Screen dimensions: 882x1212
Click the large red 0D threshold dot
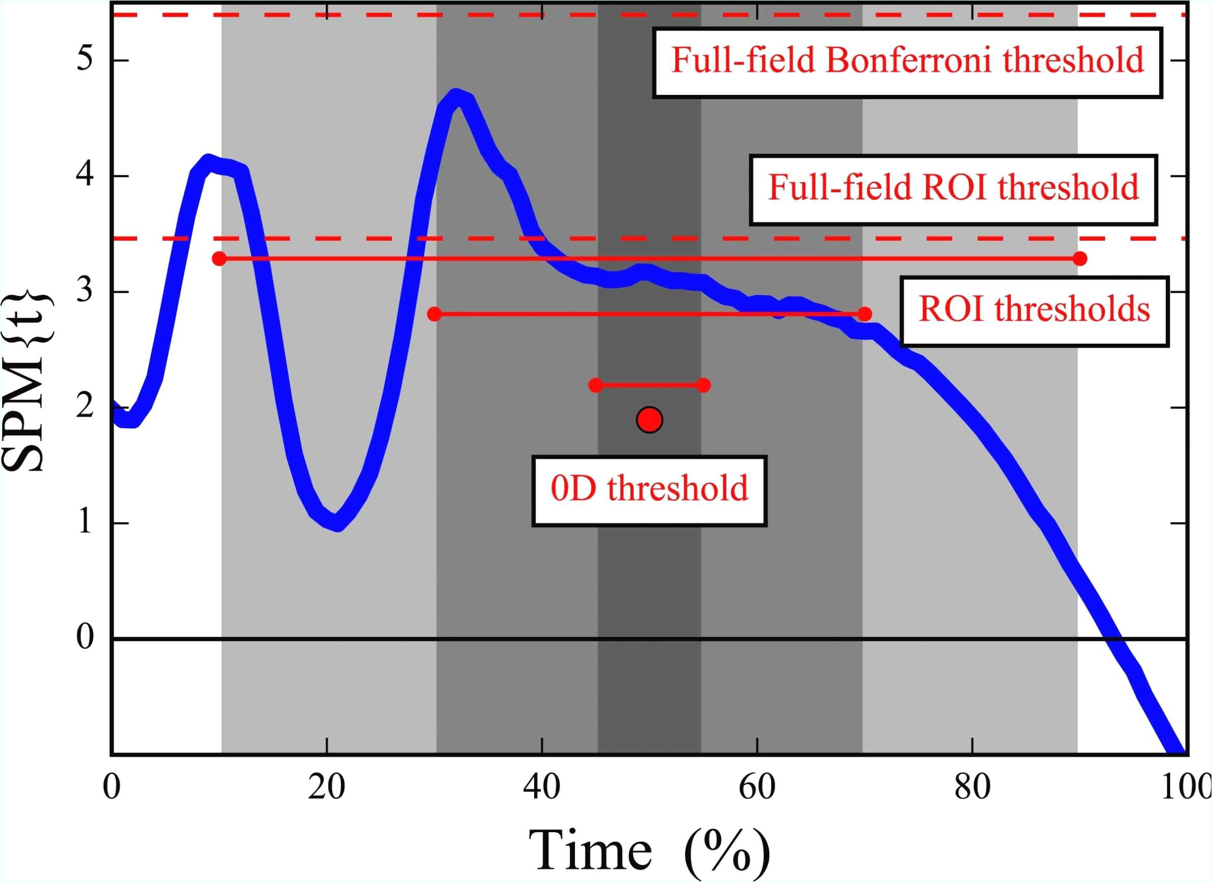[649, 420]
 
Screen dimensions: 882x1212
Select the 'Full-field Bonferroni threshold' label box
[907, 62]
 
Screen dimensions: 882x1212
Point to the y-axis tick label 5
[85, 59]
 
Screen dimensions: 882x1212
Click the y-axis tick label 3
[85, 292]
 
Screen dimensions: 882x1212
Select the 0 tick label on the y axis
[85, 638]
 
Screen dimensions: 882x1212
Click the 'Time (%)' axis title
[649, 850]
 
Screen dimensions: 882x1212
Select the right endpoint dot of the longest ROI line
[1079, 258]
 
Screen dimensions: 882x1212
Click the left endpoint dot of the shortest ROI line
[595, 385]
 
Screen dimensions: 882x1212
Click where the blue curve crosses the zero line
[1115, 639]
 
